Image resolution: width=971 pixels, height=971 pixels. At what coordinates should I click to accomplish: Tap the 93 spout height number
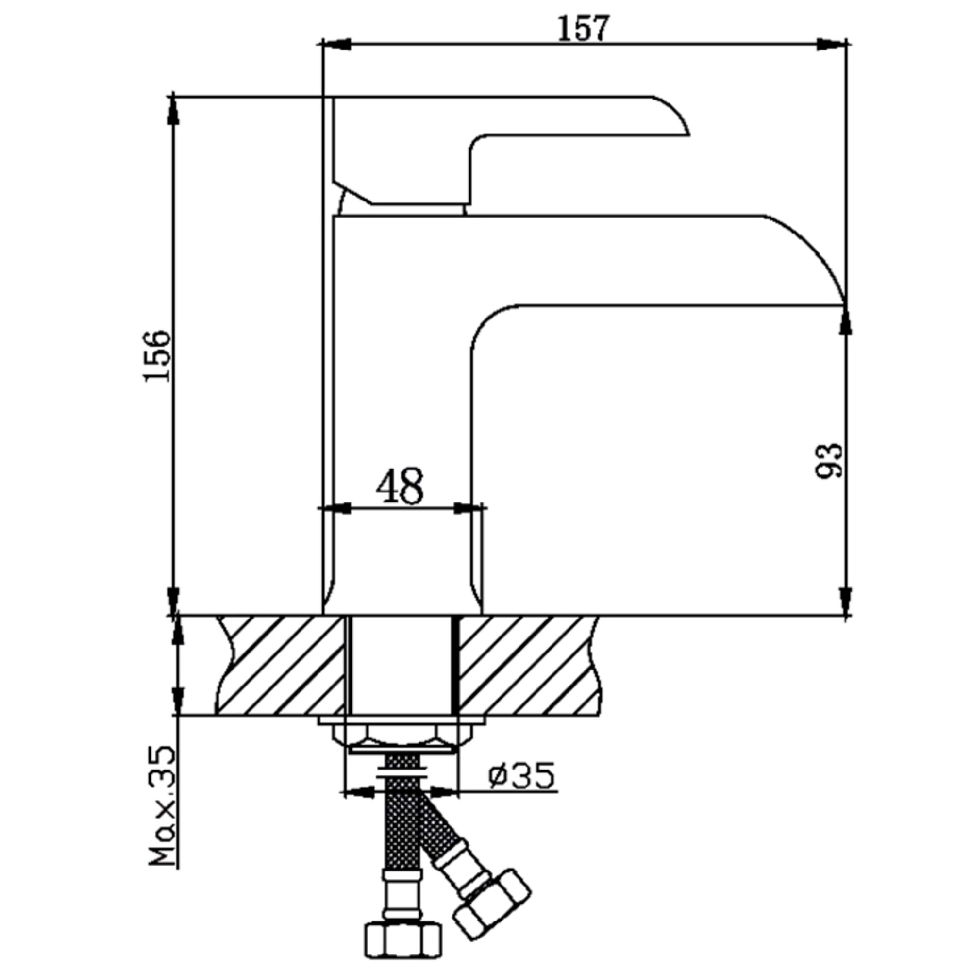click(x=829, y=461)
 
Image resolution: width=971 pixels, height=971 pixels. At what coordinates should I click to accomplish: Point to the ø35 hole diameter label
click(x=521, y=789)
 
